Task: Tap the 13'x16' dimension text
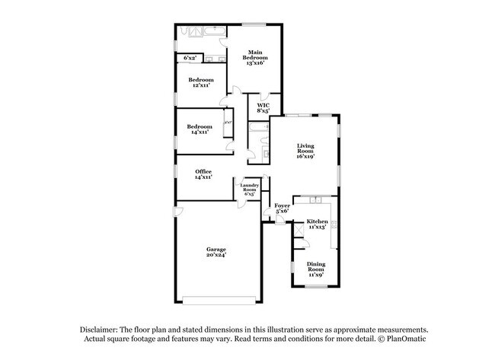point(254,63)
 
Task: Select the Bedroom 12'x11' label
point(201,79)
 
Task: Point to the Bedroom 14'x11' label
point(201,127)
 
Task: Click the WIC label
point(263,105)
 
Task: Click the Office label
point(203,171)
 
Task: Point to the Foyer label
point(282,205)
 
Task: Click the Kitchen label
point(316,221)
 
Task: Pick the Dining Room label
point(315,266)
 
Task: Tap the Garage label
point(216,249)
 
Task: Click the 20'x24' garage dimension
point(216,255)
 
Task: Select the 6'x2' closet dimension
point(190,58)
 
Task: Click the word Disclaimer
point(104,328)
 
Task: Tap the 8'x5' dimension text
point(263,111)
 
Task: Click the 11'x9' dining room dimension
point(315,275)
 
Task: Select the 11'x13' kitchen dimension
point(316,227)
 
